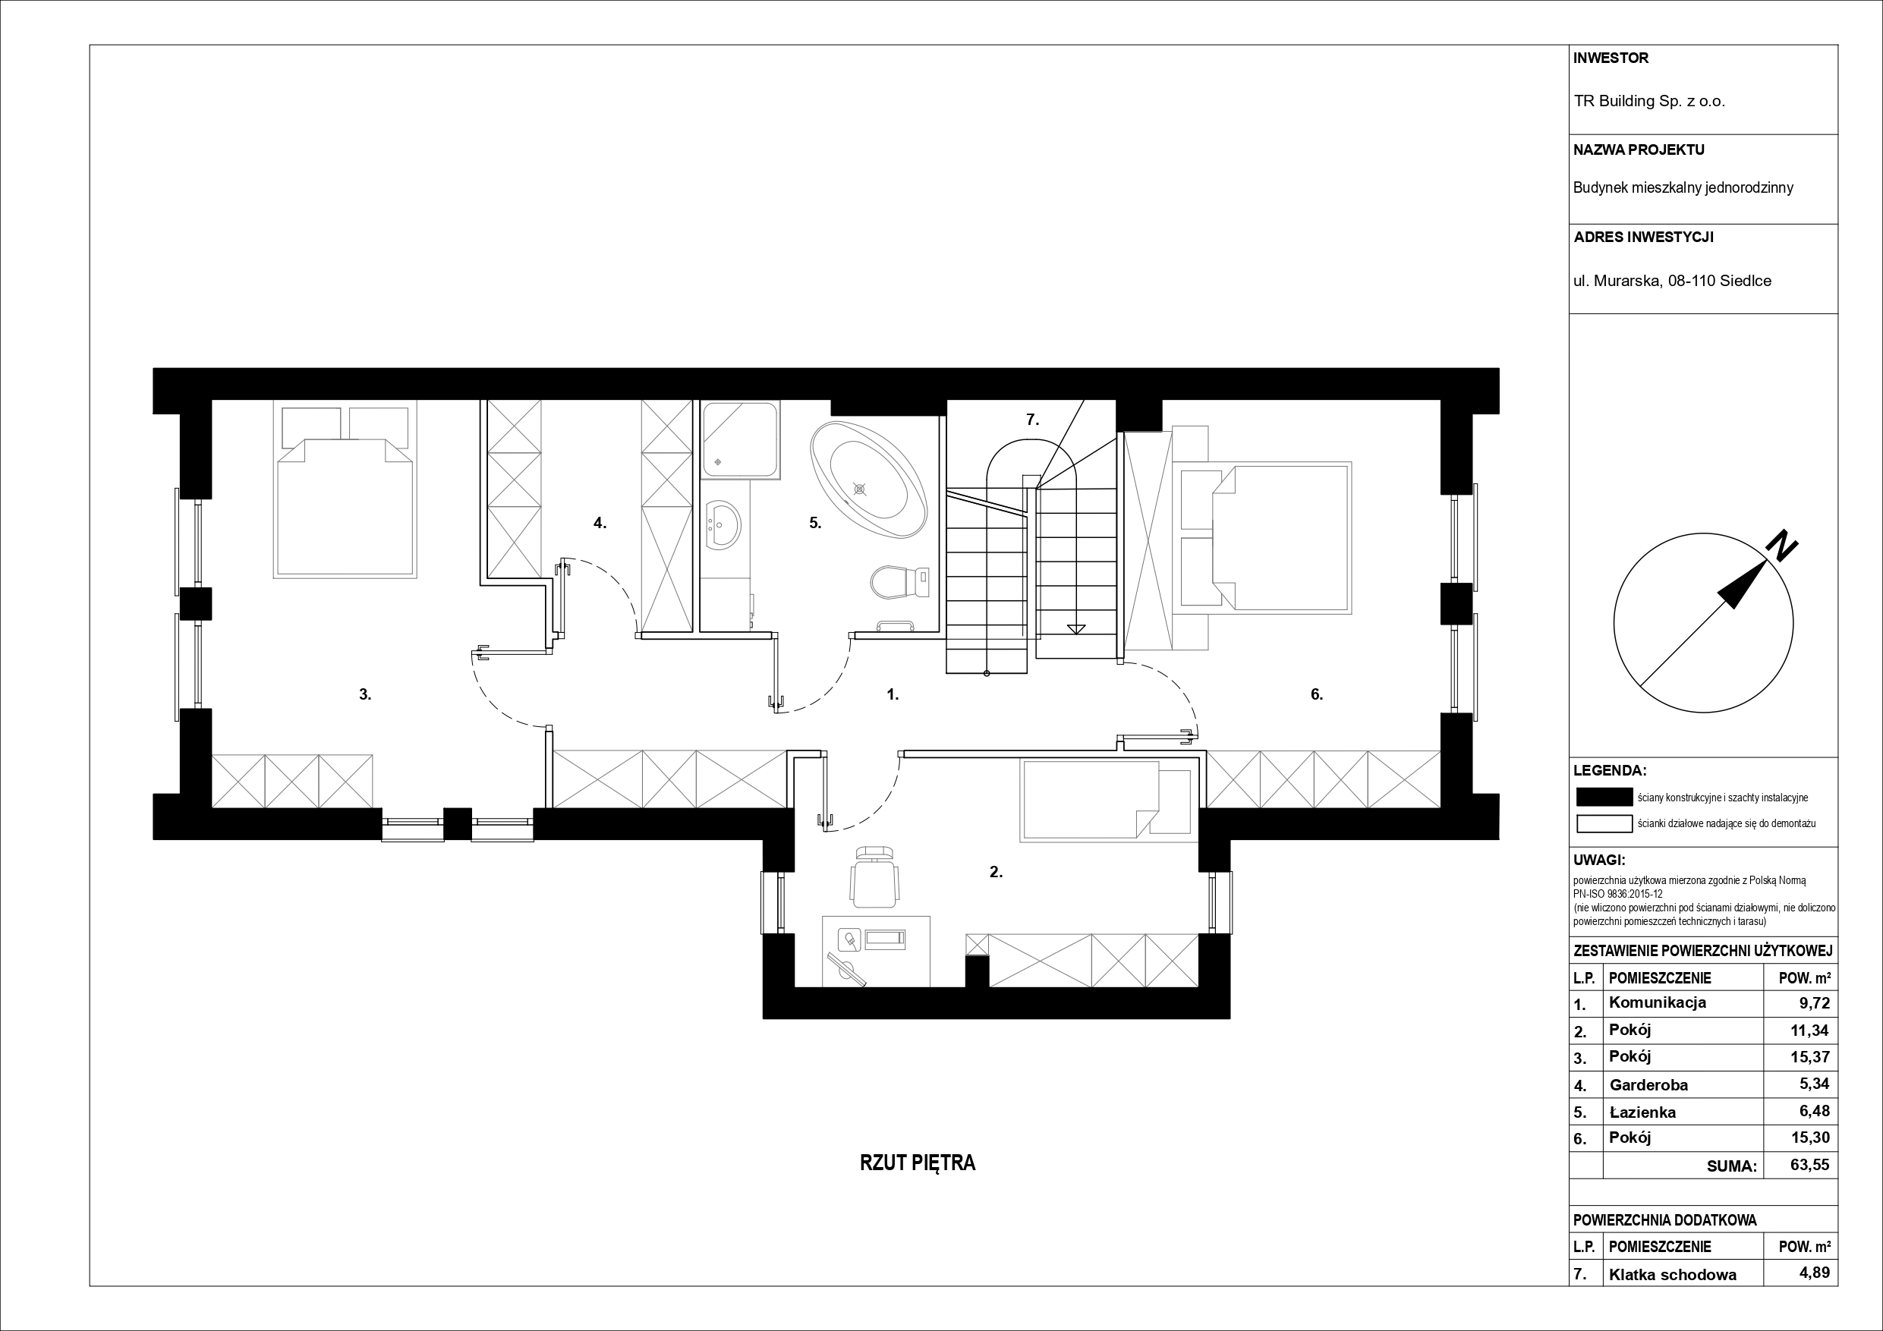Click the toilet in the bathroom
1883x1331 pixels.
point(899,581)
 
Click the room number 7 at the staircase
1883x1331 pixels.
point(1032,420)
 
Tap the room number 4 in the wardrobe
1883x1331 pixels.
point(600,522)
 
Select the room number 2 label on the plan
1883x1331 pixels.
point(997,873)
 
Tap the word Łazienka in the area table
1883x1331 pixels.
point(1642,1112)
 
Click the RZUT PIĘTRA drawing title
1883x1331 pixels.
point(918,1163)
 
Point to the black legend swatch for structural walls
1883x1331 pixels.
point(1604,797)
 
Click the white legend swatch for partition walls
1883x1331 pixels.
point(1604,823)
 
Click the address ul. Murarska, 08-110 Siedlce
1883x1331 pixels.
point(1672,281)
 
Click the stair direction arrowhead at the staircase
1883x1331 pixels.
point(1076,629)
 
